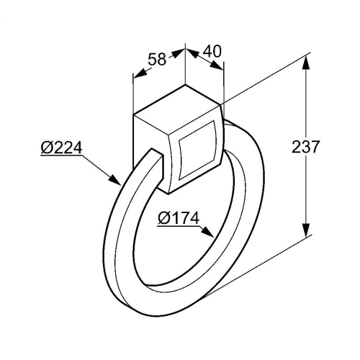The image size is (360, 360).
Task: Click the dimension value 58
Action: click(157, 59)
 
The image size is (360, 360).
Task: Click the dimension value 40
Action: click(212, 51)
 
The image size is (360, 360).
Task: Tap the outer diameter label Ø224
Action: click(61, 148)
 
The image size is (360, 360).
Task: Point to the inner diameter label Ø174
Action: click(179, 218)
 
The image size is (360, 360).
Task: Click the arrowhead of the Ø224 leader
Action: click(115, 180)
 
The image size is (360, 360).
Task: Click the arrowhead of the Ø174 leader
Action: click(207, 232)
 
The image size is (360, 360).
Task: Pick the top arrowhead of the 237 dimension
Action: click(306, 63)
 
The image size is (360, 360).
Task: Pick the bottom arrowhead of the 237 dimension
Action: click(306, 230)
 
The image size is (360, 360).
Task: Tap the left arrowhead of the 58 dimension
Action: click(140, 73)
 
